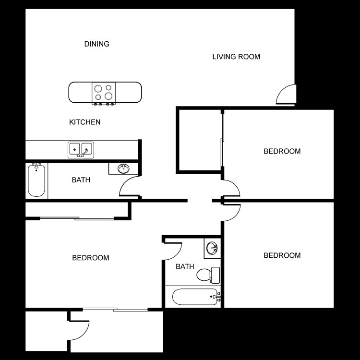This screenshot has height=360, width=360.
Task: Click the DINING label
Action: point(97,44)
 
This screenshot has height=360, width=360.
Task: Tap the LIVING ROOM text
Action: point(236,57)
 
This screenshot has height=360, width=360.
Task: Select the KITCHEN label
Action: point(85,122)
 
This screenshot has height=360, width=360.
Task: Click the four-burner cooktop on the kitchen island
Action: point(104,93)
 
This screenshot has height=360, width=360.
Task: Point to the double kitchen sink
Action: point(80,149)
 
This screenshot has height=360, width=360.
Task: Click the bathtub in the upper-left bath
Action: point(36,180)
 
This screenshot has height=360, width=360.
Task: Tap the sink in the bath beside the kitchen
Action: point(124,168)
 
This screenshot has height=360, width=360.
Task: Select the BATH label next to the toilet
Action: point(185,266)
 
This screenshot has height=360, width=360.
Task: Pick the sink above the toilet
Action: point(212,248)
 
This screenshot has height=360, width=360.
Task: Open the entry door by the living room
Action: point(287,94)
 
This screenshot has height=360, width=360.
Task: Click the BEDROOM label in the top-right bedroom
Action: point(282,151)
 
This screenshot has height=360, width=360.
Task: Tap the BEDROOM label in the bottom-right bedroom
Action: point(282,255)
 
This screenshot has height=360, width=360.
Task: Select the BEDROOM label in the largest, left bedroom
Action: point(91,258)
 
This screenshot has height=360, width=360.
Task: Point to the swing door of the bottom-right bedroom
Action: point(231,213)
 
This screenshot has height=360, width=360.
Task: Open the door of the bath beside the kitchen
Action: point(129,188)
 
